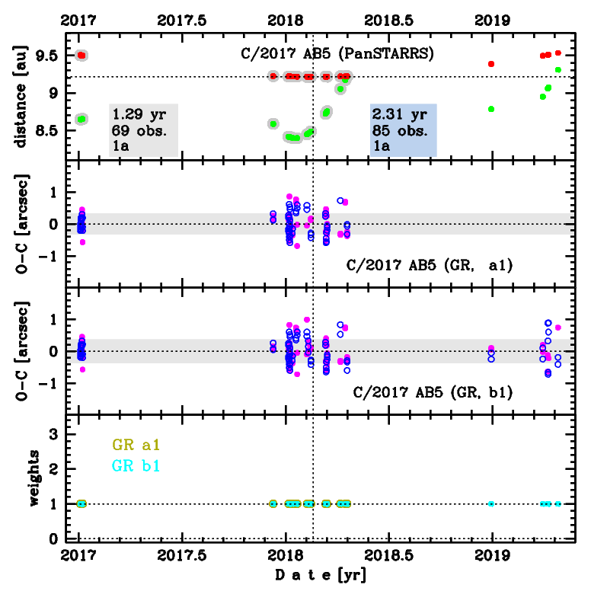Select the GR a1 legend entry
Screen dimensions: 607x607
point(136,445)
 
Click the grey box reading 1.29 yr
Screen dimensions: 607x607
point(143,129)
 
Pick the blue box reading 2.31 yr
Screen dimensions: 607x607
point(403,129)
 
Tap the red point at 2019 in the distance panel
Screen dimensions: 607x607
point(491,64)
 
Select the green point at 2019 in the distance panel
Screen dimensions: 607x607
point(491,109)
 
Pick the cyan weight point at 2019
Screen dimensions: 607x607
point(491,503)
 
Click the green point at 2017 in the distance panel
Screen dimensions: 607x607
point(81,119)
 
